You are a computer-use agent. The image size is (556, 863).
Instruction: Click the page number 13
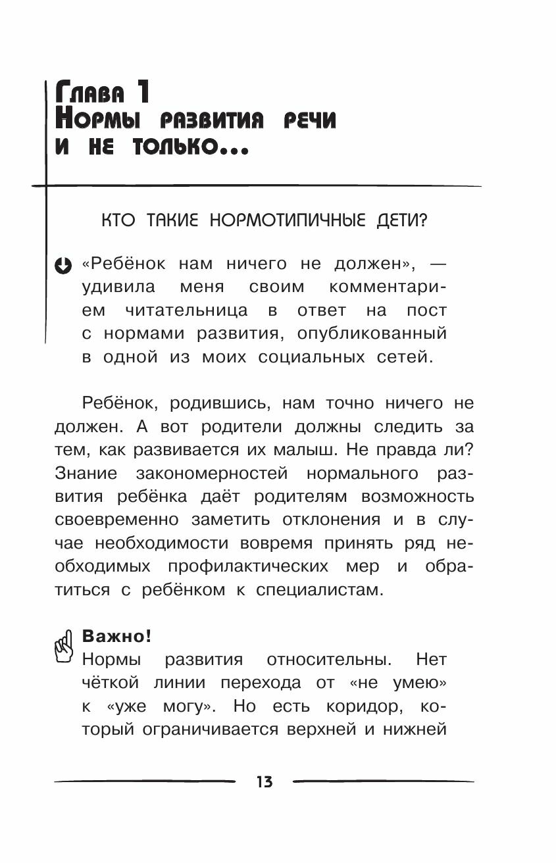265,781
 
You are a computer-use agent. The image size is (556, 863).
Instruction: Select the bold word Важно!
116,636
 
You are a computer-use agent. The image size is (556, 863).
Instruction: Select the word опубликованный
372,334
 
